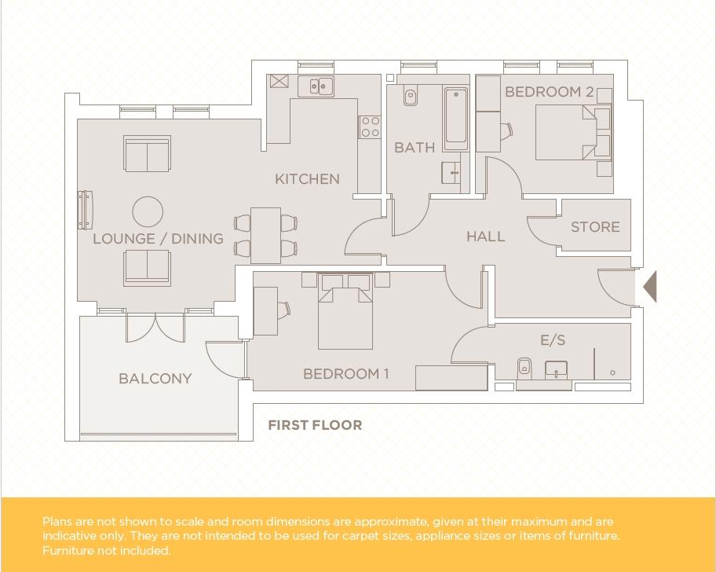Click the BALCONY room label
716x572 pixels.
click(155, 378)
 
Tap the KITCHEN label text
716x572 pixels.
click(307, 178)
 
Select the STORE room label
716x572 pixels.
click(595, 226)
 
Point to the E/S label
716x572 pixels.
click(553, 340)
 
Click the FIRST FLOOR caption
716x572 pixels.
click(315, 425)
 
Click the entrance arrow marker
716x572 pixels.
click(650, 287)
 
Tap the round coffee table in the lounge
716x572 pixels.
click(148, 212)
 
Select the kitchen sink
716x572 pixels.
click(316, 86)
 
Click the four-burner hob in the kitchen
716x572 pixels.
click(370, 126)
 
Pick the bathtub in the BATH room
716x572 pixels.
click(455, 119)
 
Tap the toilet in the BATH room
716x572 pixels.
click(410, 97)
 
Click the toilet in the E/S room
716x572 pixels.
click(524, 368)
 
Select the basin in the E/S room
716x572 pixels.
click(556, 370)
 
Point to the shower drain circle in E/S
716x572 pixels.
click(612, 372)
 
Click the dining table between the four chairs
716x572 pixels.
click(266, 235)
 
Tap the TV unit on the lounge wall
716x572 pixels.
click(86, 210)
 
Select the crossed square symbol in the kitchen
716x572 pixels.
click(279, 82)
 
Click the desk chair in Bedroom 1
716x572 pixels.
click(284, 310)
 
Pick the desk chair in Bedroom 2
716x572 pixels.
click(507, 130)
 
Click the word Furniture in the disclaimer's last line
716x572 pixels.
click(68, 551)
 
